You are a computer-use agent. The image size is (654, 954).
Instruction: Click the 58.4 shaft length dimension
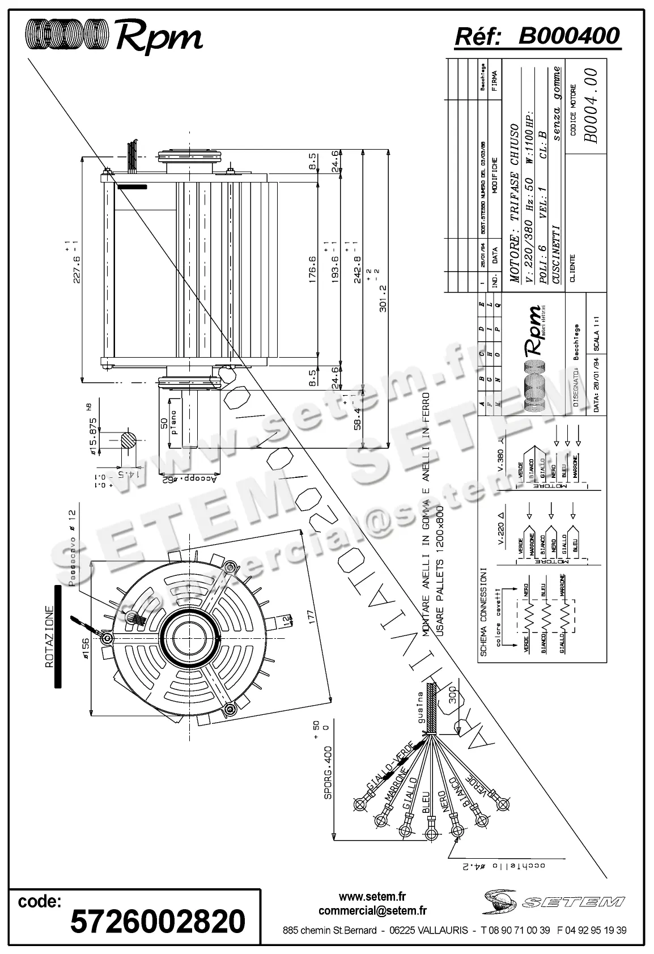coord(358,415)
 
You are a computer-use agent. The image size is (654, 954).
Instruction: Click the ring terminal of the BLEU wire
coord(431,821)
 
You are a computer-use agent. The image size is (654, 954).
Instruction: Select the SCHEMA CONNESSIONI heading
coord(483,612)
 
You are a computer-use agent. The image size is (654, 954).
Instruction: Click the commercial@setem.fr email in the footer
coord(372,910)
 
